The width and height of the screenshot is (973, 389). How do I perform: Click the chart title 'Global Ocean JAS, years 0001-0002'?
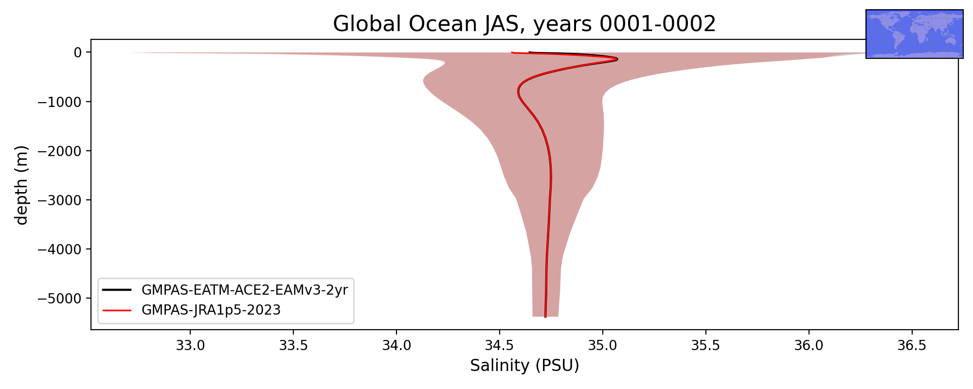click(x=524, y=24)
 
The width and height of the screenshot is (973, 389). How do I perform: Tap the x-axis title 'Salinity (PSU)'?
click(x=524, y=365)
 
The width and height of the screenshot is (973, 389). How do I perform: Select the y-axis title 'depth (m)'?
click(x=21, y=185)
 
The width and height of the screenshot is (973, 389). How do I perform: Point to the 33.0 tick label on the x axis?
click(x=190, y=346)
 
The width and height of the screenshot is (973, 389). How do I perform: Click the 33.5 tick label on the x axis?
click(x=293, y=346)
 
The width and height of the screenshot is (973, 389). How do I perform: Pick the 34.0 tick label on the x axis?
click(x=396, y=346)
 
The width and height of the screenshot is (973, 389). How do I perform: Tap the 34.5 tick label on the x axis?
click(x=500, y=346)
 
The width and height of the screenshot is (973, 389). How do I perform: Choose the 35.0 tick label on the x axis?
click(x=603, y=346)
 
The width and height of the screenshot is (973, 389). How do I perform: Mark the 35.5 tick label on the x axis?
click(x=706, y=346)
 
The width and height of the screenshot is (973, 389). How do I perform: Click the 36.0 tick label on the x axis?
click(x=809, y=346)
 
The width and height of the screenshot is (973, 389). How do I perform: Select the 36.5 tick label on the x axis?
click(x=912, y=346)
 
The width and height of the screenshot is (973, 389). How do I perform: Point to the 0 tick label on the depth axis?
click(x=78, y=53)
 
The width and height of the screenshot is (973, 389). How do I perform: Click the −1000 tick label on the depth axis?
click(x=60, y=102)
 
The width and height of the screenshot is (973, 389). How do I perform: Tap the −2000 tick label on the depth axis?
click(x=60, y=151)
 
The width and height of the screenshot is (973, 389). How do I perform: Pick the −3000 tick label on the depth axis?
click(x=60, y=200)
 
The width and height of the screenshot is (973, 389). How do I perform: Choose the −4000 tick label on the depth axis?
click(x=60, y=249)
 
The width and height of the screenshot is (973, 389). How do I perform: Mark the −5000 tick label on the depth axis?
click(x=60, y=298)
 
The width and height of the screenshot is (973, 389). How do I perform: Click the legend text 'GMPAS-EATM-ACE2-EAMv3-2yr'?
click(x=245, y=290)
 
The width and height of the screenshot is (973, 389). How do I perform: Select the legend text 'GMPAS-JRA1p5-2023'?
click(x=211, y=310)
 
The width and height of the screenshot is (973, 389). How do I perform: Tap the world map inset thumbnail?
click(x=915, y=34)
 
